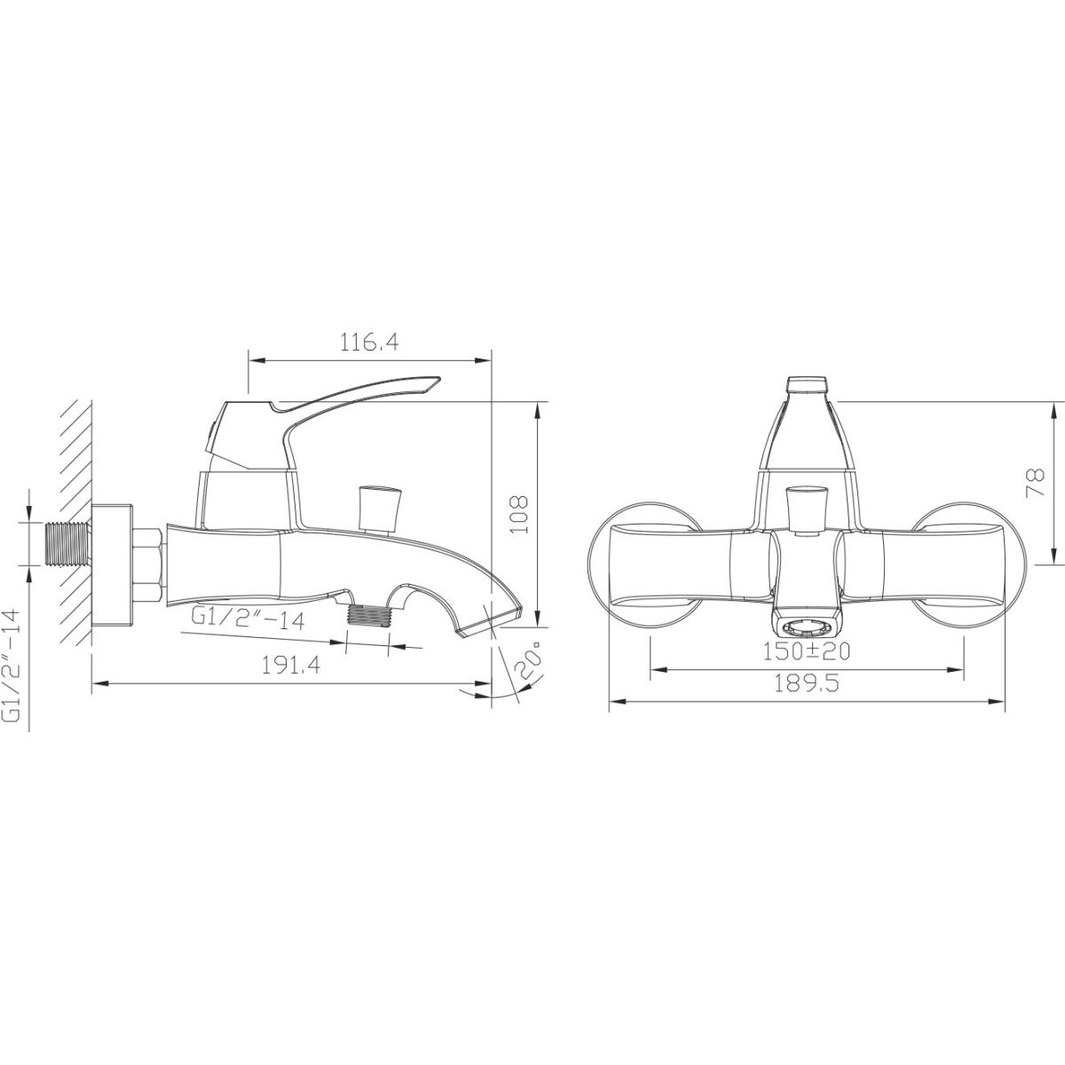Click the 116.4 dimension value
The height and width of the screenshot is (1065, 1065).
tap(368, 343)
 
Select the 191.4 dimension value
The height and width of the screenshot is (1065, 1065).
tap(291, 666)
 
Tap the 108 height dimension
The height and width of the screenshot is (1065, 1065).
tap(519, 515)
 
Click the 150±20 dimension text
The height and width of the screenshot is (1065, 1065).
tap(807, 651)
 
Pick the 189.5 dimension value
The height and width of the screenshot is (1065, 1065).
tap(806, 683)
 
